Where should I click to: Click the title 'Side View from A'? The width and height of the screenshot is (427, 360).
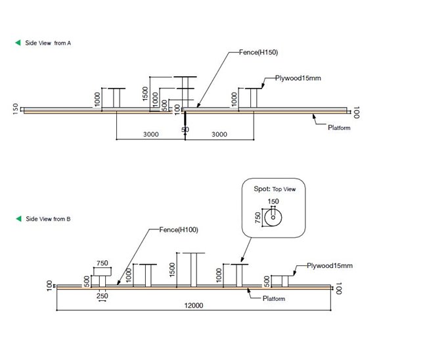[x=48, y=43]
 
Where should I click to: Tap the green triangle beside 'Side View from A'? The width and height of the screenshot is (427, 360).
[x=18, y=43]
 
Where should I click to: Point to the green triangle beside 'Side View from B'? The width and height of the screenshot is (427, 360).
[x=18, y=219]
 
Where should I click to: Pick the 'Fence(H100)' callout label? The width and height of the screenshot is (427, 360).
[x=178, y=229]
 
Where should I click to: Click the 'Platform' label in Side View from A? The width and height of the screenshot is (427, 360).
[x=339, y=127]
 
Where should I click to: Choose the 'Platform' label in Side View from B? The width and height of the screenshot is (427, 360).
[x=273, y=299]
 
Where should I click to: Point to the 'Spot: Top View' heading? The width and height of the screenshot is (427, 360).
[x=275, y=189]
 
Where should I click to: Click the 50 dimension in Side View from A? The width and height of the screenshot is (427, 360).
[x=185, y=130]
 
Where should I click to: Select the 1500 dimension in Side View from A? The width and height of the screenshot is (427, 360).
[x=145, y=93]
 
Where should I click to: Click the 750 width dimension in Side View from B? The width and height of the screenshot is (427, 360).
[x=102, y=263]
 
